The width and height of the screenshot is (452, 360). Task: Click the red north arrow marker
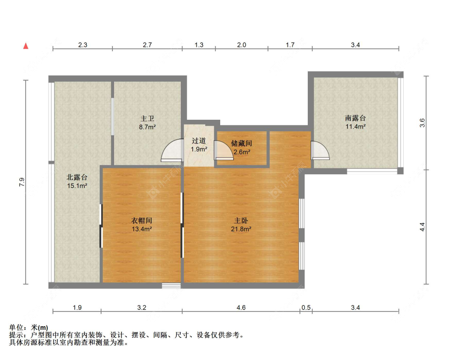26,46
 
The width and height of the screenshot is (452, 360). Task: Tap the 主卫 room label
147,119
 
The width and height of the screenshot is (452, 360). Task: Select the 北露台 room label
77,177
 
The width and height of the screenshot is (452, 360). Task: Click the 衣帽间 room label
141,221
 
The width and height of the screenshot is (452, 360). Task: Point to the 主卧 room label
241,221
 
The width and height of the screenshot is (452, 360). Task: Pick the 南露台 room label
356,118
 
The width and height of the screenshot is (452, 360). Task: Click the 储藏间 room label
241,143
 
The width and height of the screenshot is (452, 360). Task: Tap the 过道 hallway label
199,141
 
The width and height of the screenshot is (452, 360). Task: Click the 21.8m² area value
241,229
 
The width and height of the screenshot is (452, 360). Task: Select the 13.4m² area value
142,229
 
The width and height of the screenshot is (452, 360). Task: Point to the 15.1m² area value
77,186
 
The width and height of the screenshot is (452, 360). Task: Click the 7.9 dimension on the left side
22,182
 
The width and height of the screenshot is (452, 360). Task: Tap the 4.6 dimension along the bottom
241,307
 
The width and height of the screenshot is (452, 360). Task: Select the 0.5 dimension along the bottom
306,307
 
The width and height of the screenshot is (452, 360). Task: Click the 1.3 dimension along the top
199,45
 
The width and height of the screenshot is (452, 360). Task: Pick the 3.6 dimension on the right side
422,123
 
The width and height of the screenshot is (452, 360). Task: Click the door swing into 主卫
172,150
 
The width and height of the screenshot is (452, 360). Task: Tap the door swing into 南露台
320,150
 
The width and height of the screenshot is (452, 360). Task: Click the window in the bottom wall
171,286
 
